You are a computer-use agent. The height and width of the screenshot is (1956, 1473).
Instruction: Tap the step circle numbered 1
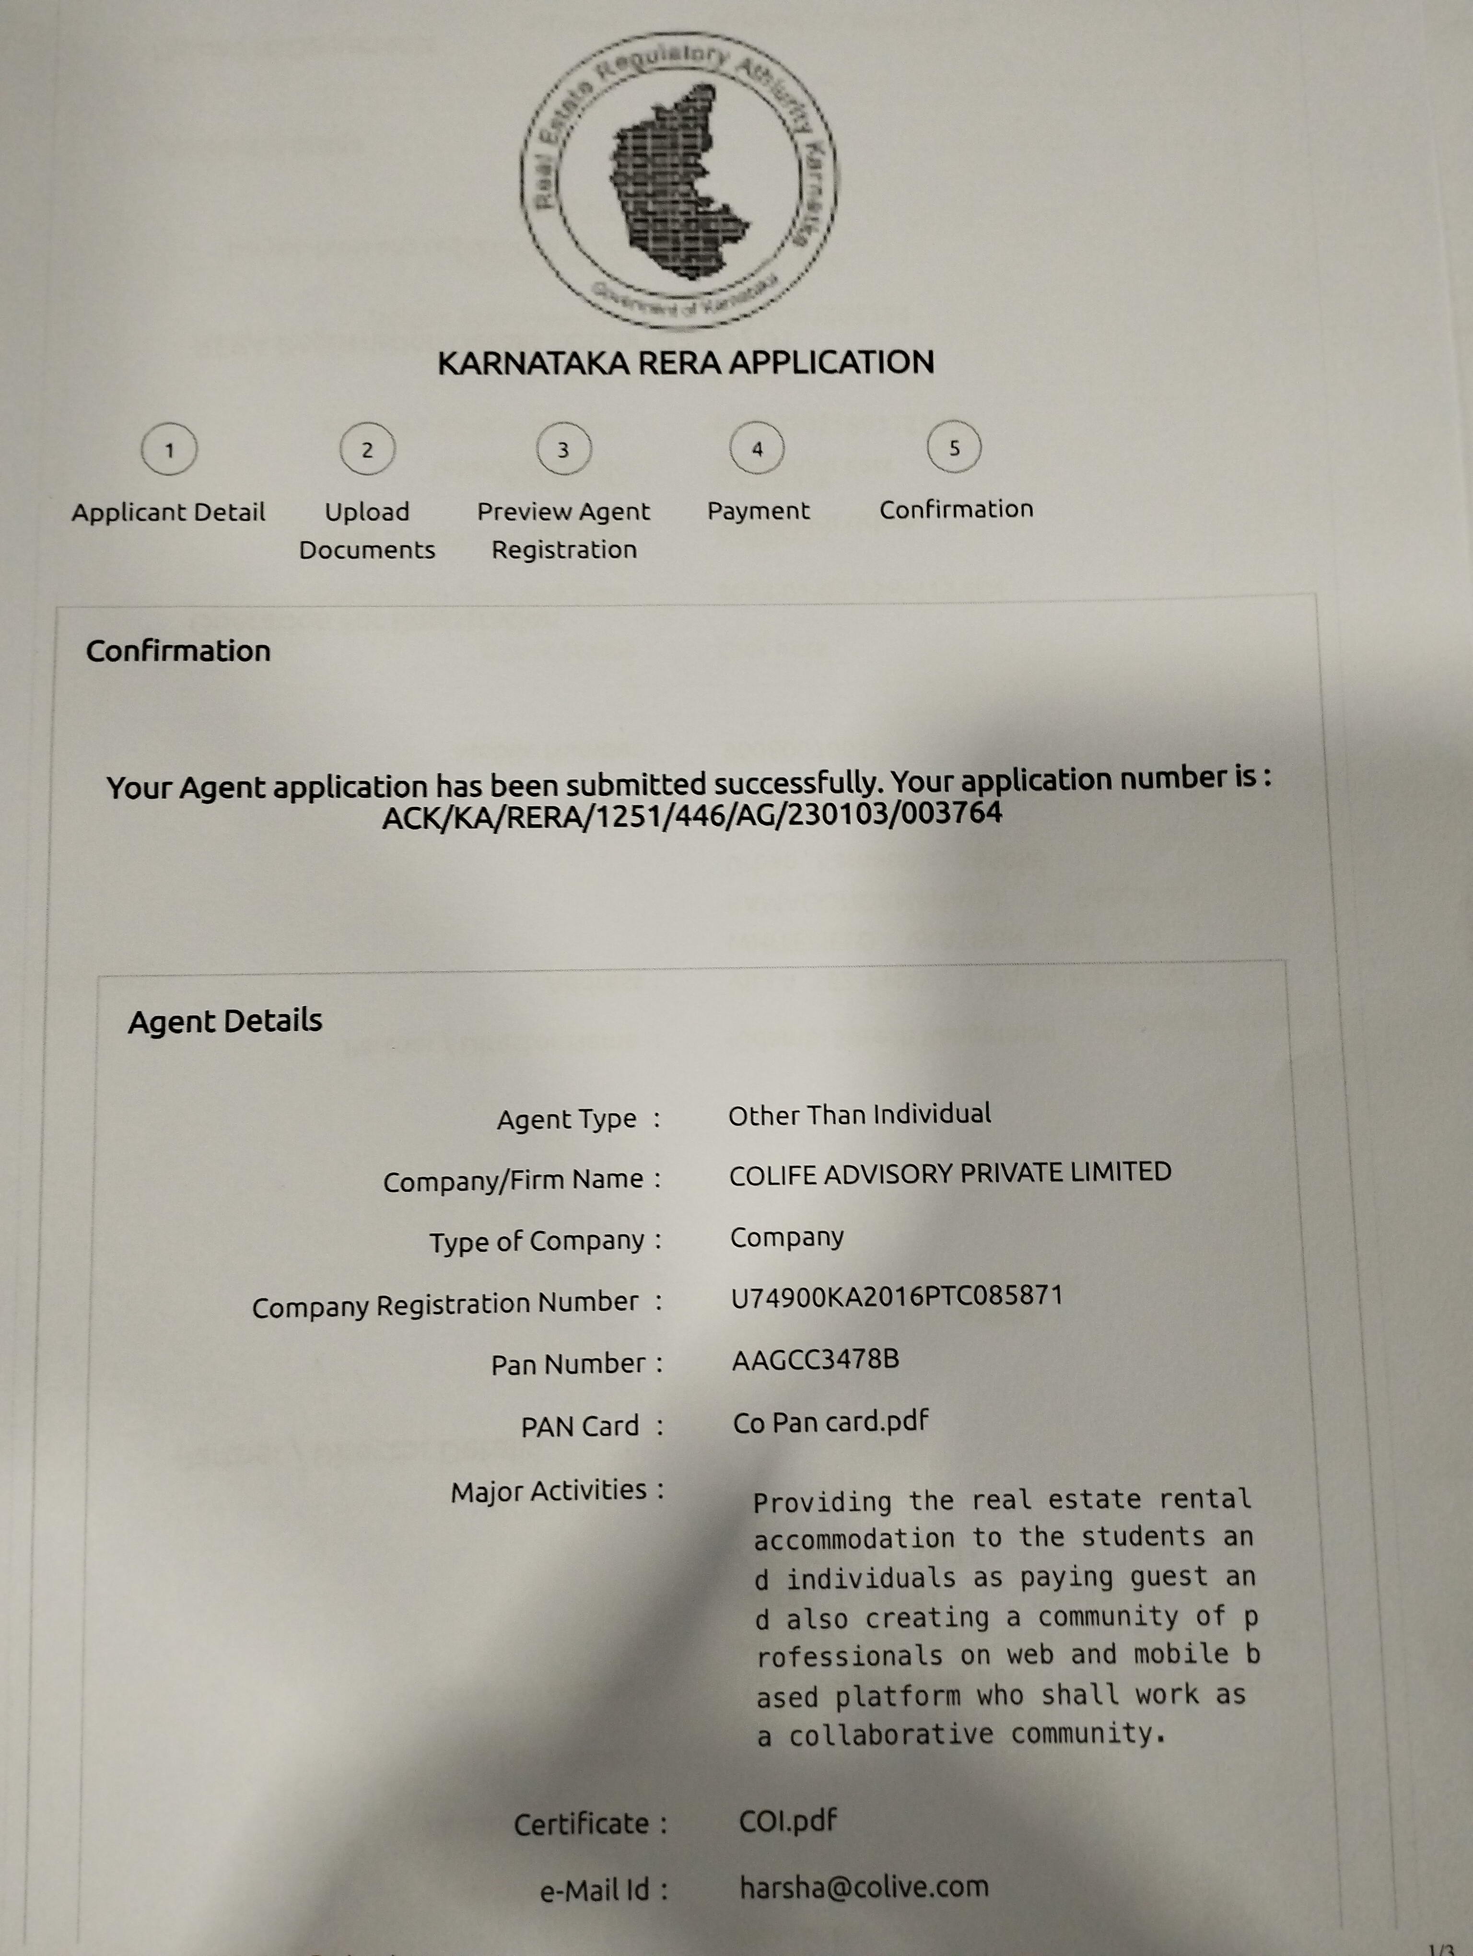[x=169, y=449]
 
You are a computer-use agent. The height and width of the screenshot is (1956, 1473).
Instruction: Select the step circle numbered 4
[x=757, y=448]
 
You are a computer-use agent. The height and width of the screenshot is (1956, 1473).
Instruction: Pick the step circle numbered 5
[x=954, y=447]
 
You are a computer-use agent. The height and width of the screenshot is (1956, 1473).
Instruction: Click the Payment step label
[x=758, y=511]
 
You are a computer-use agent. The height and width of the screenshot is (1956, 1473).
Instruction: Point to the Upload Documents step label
[x=367, y=531]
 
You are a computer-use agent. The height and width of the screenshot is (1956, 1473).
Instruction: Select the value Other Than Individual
[x=859, y=1114]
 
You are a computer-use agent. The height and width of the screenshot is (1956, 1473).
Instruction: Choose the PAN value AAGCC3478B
[x=815, y=1359]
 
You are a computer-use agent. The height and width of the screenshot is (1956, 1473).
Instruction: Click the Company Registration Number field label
[x=445, y=1305]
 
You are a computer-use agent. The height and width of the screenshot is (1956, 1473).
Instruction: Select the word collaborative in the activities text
[x=891, y=1736]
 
